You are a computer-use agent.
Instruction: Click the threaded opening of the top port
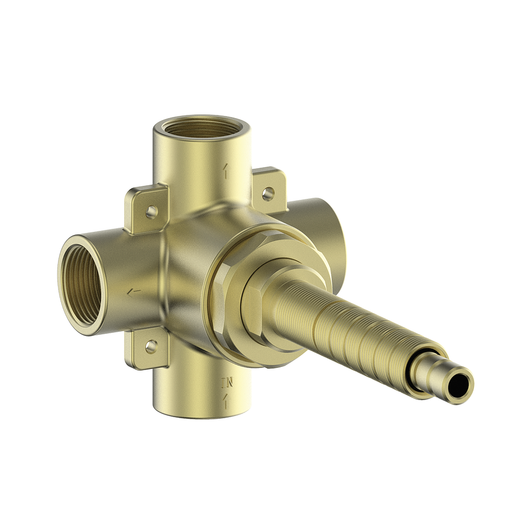click(x=202, y=127)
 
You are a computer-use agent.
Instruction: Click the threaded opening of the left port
click(x=82, y=285)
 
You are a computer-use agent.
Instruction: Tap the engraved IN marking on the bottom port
click(x=227, y=384)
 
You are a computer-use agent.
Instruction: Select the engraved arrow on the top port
click(x=225, y=171)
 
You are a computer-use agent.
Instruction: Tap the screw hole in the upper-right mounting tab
click(x=268, y=194)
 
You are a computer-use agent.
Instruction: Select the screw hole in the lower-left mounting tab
click(x=151, y=346)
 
